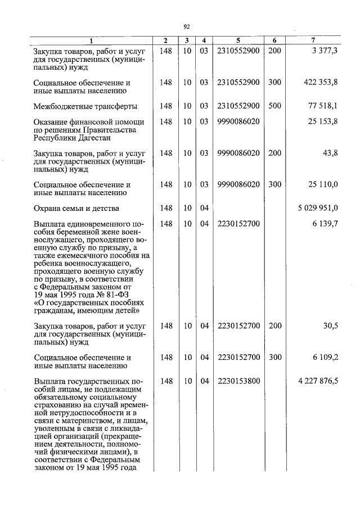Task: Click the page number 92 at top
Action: coord(187,26)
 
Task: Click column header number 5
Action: coord(238,40)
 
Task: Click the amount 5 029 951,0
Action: coord(318,209)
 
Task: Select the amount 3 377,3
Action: coord(325,51)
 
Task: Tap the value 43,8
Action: coord(330,153)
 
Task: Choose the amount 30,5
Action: coord(330,326)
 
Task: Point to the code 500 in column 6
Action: coord(274,106)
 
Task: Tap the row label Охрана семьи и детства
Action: coord(76,209)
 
